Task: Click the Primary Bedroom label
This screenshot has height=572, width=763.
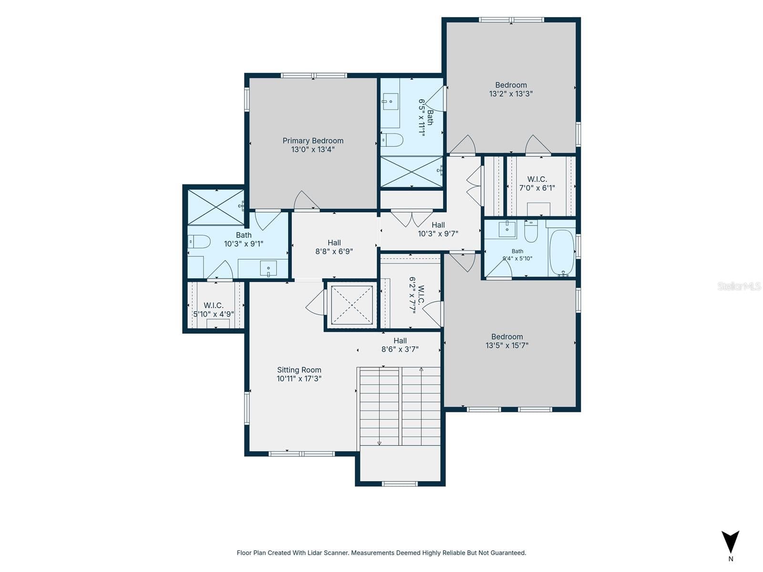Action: (312, 141)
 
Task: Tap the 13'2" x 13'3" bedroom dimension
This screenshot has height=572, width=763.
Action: (510, 94)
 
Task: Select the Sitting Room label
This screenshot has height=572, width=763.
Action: (299, 370)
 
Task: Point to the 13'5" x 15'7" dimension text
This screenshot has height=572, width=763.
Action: (507, 345)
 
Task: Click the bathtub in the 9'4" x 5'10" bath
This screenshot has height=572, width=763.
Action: (561, 253)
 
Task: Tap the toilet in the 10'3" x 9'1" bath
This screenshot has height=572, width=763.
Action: (199, 241)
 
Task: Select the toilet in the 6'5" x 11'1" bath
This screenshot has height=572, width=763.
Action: (392, 140)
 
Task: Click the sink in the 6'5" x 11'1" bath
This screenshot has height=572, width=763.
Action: (390, 102)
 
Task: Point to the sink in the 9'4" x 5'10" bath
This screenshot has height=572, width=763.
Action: (507, 229)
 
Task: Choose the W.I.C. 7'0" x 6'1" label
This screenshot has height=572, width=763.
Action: (536, 184)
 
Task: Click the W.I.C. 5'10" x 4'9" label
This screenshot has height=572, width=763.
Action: (213, 309)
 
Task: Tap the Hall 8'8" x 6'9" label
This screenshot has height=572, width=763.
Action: (334, 247)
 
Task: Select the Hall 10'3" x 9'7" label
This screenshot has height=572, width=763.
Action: (438, 229)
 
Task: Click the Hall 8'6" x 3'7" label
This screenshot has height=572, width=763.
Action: (400, 345)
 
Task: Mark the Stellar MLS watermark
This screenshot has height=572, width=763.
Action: (739, 286)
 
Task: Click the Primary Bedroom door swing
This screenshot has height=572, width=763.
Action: (306, 200)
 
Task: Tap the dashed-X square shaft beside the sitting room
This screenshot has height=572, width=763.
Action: (351, 305)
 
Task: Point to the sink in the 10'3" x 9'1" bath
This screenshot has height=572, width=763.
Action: (268, 268)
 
